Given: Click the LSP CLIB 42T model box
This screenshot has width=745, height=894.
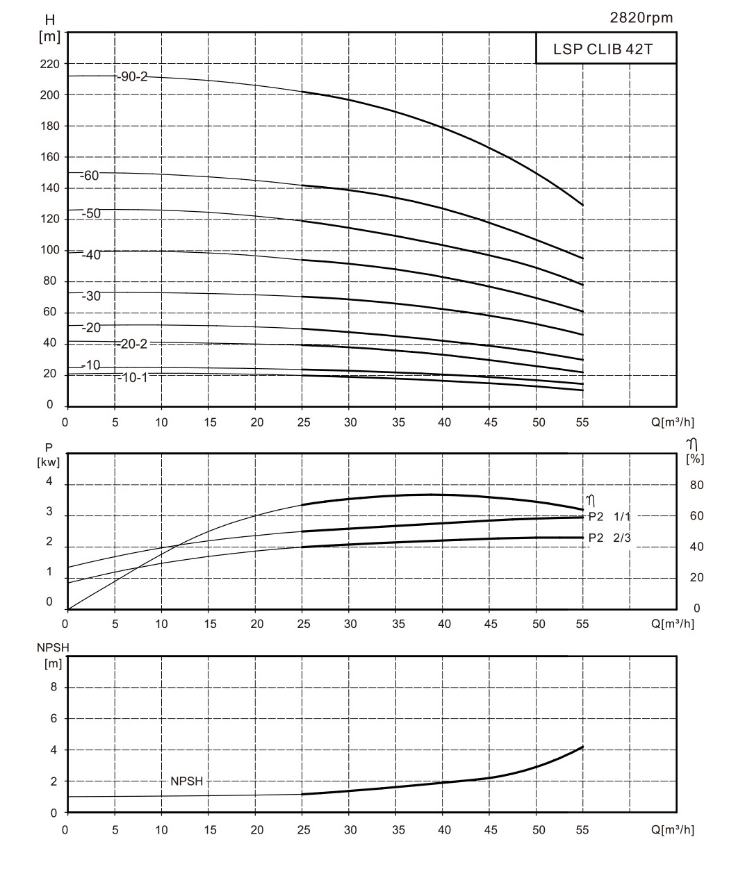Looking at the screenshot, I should click(605, 49).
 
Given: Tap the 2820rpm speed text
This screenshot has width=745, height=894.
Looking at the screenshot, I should click(641, 18).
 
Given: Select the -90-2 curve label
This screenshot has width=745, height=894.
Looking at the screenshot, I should click(133, 76).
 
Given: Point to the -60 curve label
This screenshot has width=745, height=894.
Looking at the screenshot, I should click(90, 176).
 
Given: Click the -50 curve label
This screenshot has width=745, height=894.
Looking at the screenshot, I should click(92, 213).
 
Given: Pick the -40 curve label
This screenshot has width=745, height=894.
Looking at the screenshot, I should click(92, 255).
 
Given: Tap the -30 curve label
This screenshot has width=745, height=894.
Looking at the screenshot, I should click(92, 296).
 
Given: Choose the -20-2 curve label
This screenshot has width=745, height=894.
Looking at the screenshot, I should click(133, 344).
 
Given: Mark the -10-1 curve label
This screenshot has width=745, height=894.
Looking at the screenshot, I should click(133, 377).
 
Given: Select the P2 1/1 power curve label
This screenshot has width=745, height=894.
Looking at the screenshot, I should click(609, 516).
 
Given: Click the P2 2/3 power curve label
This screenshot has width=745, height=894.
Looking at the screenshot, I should click(609, 538).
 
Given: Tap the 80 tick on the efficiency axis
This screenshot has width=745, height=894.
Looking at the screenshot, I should click(696, 485).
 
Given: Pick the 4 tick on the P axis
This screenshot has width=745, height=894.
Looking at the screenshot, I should click(49, 481).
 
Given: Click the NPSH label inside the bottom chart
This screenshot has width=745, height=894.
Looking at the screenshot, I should click(186, 781).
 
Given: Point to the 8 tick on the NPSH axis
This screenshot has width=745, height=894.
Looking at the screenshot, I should click(53, 687).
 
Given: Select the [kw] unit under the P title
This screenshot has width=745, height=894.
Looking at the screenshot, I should click(49, 461).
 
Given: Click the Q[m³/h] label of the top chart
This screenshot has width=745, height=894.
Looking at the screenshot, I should click(672, 422).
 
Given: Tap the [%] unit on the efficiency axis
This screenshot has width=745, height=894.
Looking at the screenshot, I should click(694, 458).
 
